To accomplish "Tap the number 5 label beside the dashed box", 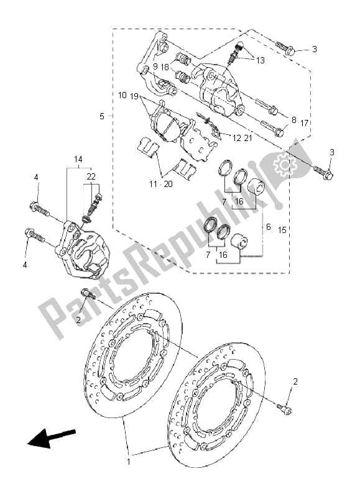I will coord(102,116).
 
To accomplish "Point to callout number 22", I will coord(92,177).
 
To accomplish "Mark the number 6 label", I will coord(268,227).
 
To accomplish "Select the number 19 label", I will coord(134,96).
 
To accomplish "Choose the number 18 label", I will coord(165,66).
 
